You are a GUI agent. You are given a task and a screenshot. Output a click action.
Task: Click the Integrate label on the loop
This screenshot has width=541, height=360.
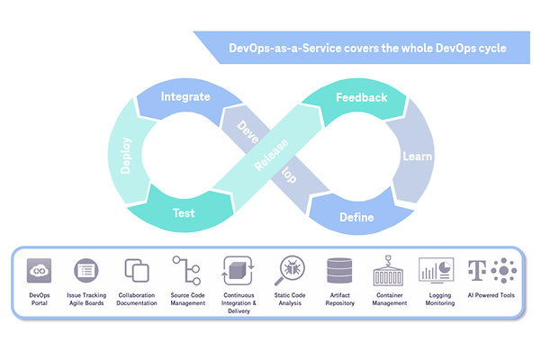[185, 96]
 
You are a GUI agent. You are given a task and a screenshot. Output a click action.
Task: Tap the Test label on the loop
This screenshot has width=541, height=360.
[185, 214]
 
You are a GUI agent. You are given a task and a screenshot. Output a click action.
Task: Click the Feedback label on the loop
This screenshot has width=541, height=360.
[361, 97]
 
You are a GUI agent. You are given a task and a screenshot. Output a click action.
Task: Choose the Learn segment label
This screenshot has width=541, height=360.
[416, 156]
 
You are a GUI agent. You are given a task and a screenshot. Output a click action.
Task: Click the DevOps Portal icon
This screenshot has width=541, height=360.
[40, 270]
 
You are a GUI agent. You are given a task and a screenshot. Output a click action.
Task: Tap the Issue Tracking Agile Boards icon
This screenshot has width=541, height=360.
[86, 270]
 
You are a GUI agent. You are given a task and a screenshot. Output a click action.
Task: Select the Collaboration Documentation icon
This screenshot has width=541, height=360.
[136, 270]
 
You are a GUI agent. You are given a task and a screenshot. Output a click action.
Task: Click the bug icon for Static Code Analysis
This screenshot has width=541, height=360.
[291, 270]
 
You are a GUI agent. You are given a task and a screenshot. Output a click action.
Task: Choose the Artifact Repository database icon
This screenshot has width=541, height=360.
[340, 270]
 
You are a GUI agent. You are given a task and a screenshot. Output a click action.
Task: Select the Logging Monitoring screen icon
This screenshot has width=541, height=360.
[435, 270]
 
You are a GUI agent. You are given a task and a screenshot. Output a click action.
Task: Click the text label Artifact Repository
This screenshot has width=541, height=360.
[340, 300]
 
